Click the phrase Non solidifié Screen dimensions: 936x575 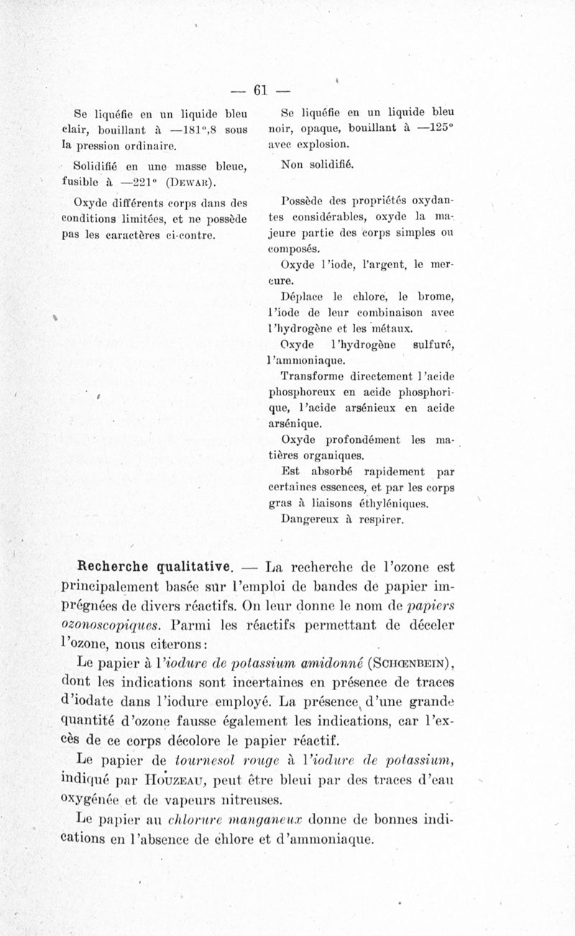(x=313, y=165)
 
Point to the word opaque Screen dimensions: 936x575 (x=308, y=129)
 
